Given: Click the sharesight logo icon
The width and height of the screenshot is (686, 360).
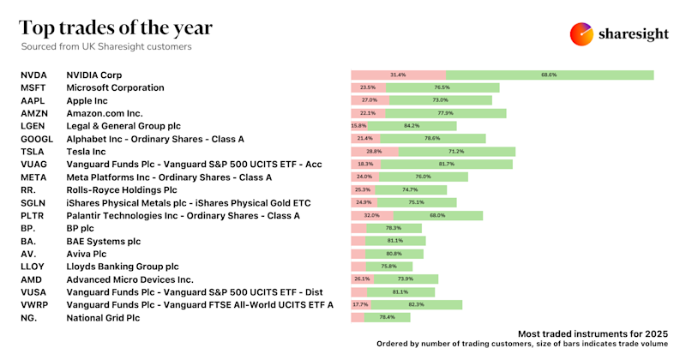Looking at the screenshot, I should pos(582,33).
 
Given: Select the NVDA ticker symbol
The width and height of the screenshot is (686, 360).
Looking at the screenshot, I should pos(33,75).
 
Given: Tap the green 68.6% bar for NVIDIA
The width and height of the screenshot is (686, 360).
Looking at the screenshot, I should pos(549,75).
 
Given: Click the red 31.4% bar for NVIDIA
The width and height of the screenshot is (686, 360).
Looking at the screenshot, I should pos(398,75).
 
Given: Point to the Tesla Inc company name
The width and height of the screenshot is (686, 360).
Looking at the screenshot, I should pos(90,152).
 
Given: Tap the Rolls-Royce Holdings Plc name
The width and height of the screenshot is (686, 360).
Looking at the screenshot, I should pos(122,190).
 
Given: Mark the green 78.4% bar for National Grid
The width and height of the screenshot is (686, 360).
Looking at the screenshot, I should pos(388,317).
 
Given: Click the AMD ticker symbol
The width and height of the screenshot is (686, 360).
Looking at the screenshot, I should pos(31,279).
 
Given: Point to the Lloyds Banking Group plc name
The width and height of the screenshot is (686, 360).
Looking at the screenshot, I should pos(123,267).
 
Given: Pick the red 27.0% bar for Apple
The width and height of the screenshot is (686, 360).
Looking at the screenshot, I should pos(370,100).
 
